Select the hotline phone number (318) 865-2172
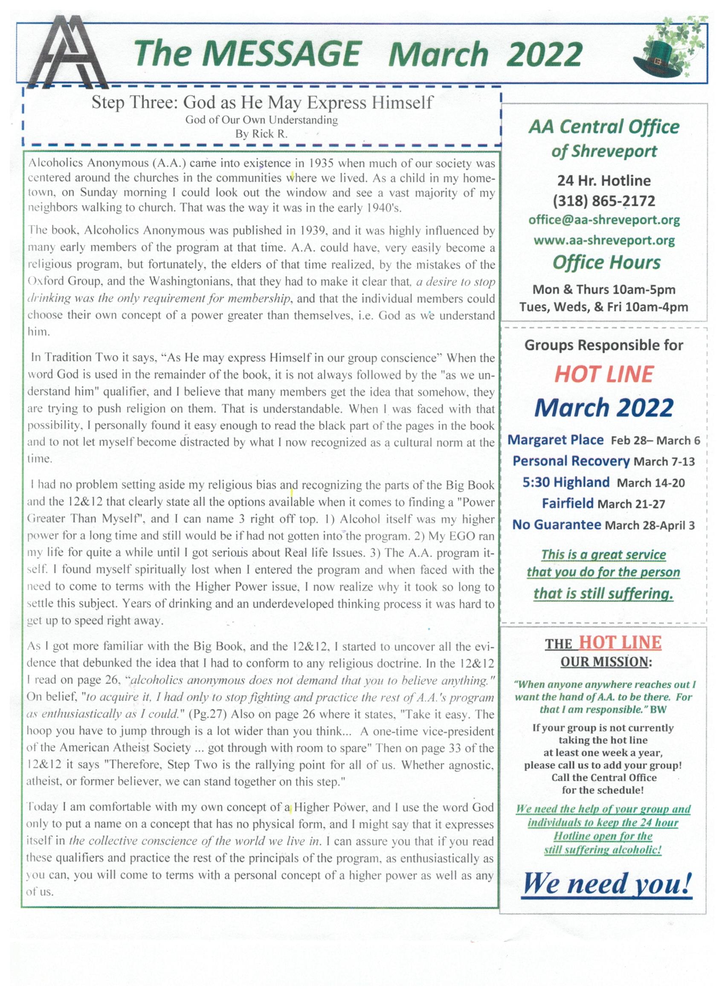click(604, 201)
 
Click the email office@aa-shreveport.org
click(604, 220)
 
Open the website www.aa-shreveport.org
click(604, 241)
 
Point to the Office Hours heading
click(606, 262)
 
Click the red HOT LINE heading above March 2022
click(604, 374)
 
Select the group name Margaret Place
click(555, 440)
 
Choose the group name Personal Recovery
click(571, 461)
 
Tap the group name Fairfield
click(568, 503)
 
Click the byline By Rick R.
click(261, 134)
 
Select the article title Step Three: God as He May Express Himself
click(262, 102)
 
